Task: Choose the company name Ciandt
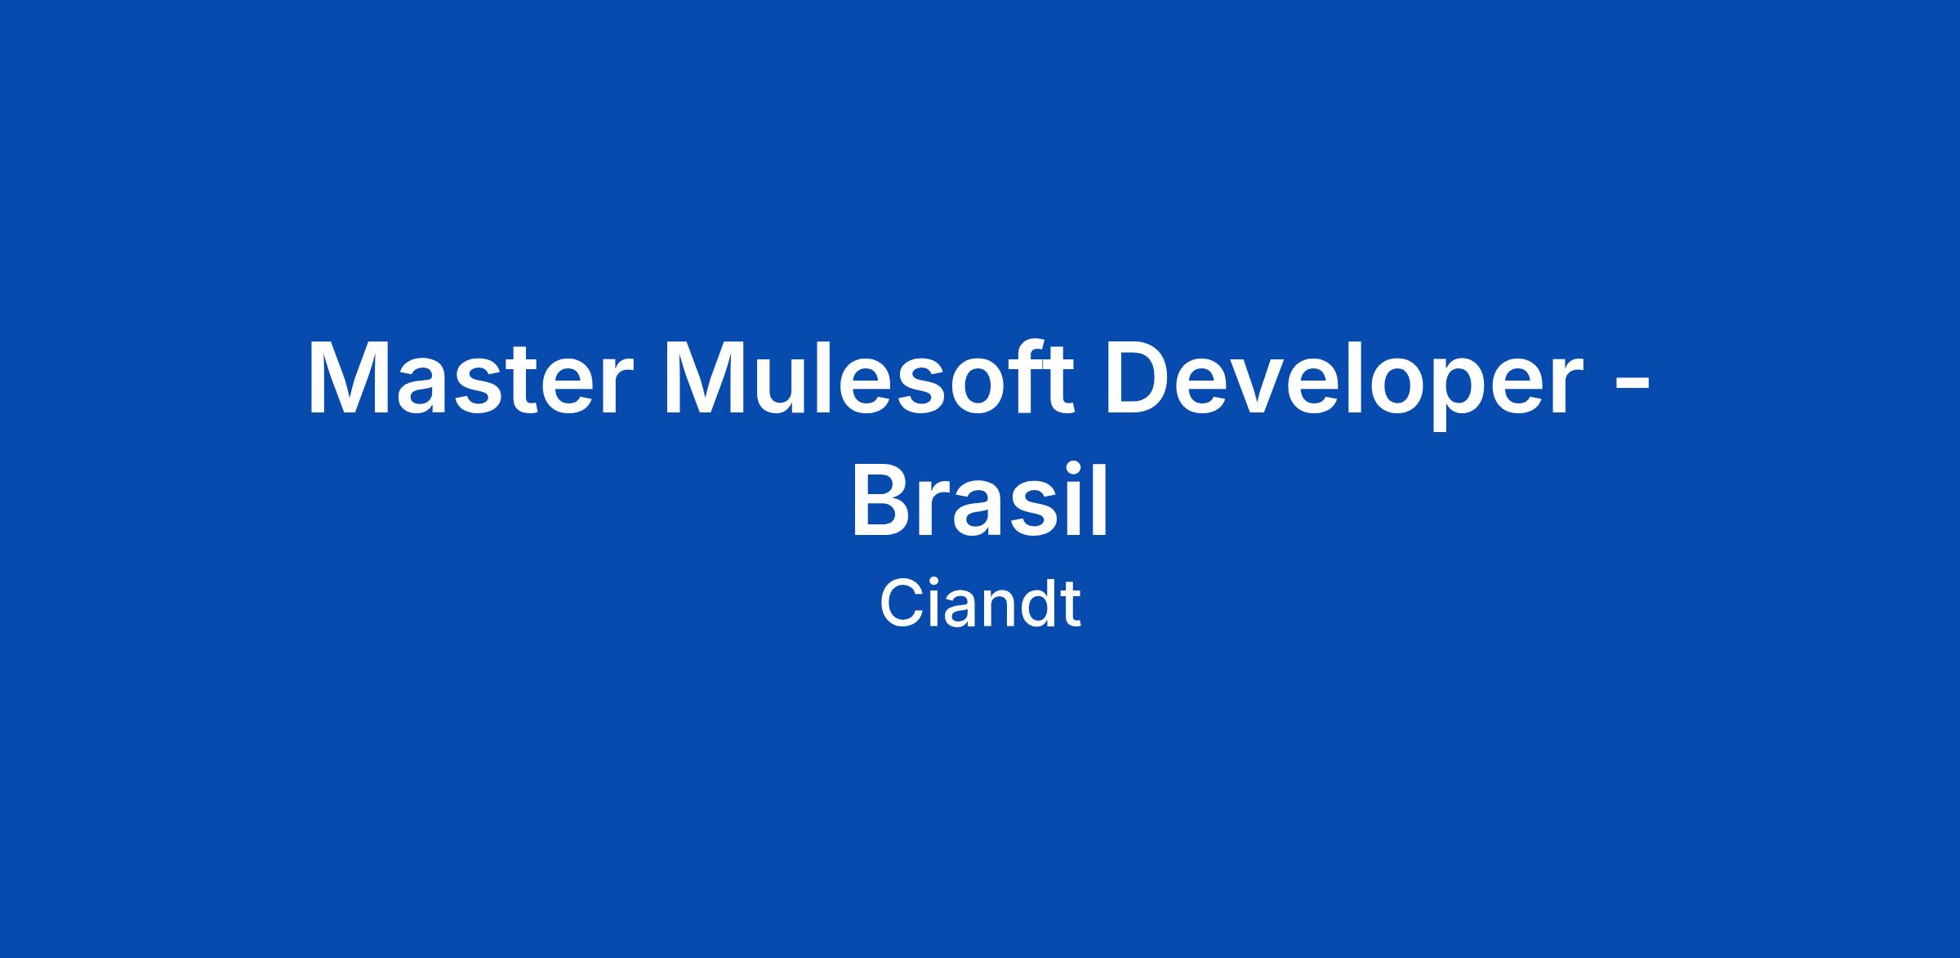coord(980,604)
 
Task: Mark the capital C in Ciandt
coord(900,604)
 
